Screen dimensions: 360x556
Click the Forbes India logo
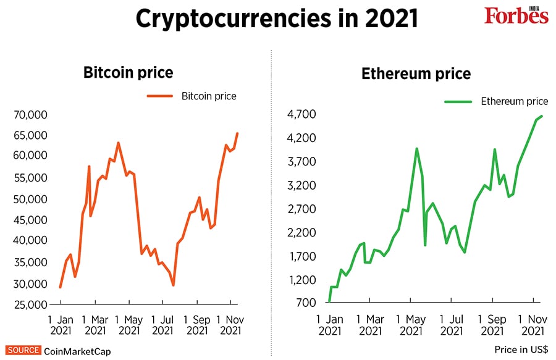[x=516, y=15]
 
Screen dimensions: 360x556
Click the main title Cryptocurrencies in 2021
[x=277, y=18]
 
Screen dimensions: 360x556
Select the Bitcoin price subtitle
[x=128, y=73]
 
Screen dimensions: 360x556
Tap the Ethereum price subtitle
[x=416, y=75]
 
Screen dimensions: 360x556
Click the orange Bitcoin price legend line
[x=160, y=96]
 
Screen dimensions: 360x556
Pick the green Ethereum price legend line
[x=458, y=101]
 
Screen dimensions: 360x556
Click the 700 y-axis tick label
[x=305, y=303]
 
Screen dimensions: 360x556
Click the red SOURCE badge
[x=23, y=350]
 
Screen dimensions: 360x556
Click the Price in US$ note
[x=521, y=350]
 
